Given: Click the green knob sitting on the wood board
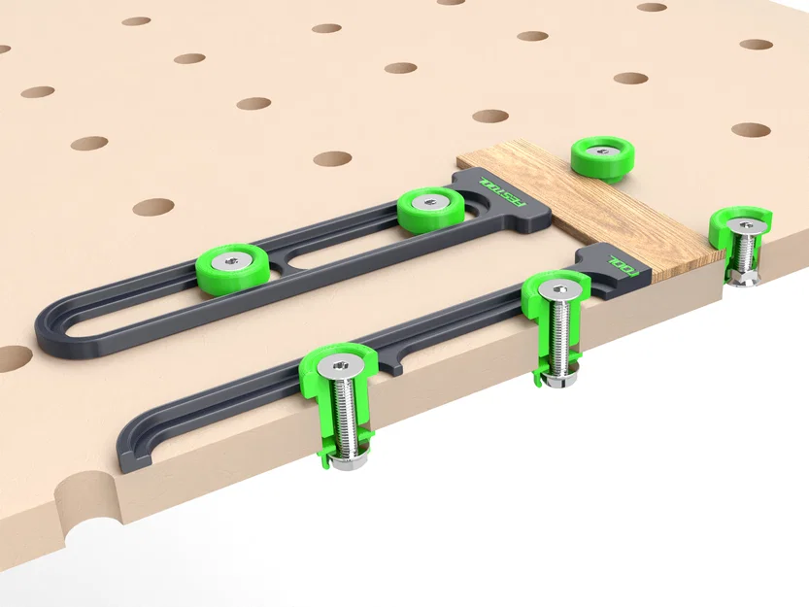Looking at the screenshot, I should (601, 155).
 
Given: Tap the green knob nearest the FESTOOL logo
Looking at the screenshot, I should (428, 206).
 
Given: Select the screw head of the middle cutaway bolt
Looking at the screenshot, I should (556, 290).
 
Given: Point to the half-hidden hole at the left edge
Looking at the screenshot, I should (12, 358).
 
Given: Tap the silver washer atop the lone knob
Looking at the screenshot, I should (602, 148).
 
